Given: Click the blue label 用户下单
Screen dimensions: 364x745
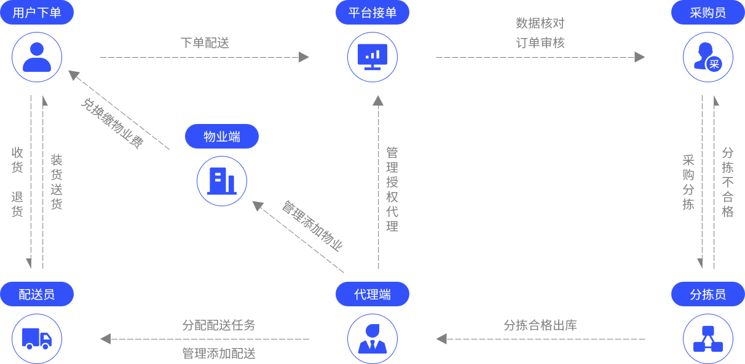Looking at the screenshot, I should click(x=37, y=12).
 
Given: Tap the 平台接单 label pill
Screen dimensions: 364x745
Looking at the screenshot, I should click(x=372, y=12).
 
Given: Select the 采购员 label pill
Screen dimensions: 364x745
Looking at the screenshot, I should click(x=708, y=12).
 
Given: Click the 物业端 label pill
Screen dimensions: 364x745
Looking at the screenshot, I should click(x=222, y=136).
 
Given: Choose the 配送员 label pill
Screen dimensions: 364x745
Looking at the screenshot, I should click(x=37, y=294).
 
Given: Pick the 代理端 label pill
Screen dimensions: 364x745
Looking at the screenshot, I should click(x=372, y=294).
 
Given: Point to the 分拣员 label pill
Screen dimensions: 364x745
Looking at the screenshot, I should click(x=708, y=294).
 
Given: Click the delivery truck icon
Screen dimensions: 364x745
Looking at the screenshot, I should click(x=37, y=338).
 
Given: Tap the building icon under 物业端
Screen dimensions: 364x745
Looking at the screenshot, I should click(x=222, y=180).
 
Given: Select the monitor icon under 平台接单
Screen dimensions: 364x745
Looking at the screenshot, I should click(x=372, y=57).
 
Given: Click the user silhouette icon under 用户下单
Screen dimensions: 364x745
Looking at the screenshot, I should click(x=37, y=57).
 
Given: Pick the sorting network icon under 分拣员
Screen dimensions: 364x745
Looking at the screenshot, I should click(x=708, y=338).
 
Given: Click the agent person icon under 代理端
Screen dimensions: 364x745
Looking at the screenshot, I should click(x=372, y=338).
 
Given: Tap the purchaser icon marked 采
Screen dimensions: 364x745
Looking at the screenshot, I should click(x=708, y=57).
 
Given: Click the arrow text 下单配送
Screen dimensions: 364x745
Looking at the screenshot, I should click(x=205, y=43).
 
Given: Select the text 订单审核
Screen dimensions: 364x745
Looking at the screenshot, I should click(x=540, y=43).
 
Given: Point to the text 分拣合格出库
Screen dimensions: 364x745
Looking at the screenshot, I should click(x=540, y=325).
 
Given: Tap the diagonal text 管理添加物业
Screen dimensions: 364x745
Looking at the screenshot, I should click(x=312, y=225).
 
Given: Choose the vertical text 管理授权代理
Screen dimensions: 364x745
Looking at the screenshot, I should click(x=392, y=189).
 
